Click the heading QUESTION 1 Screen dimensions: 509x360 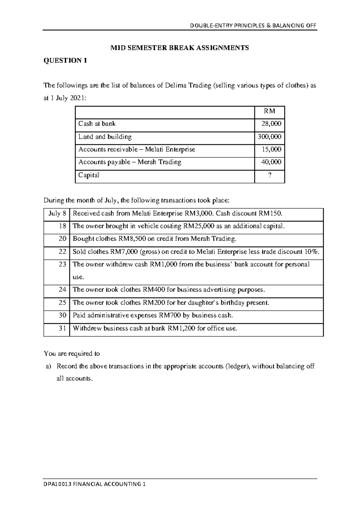65,61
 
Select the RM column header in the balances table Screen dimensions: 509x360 269,111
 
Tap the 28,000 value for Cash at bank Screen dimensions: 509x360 271,124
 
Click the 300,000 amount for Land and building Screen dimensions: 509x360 269,137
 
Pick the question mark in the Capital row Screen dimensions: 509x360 270,175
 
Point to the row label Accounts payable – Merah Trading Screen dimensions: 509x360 130,162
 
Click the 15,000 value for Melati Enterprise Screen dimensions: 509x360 271,149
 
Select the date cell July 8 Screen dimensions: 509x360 57,214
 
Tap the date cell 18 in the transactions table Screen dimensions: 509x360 62,226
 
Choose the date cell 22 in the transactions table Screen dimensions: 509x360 62,252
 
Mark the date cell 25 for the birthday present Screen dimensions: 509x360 62,303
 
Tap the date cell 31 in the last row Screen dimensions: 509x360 62,328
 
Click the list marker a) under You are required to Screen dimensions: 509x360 49,366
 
